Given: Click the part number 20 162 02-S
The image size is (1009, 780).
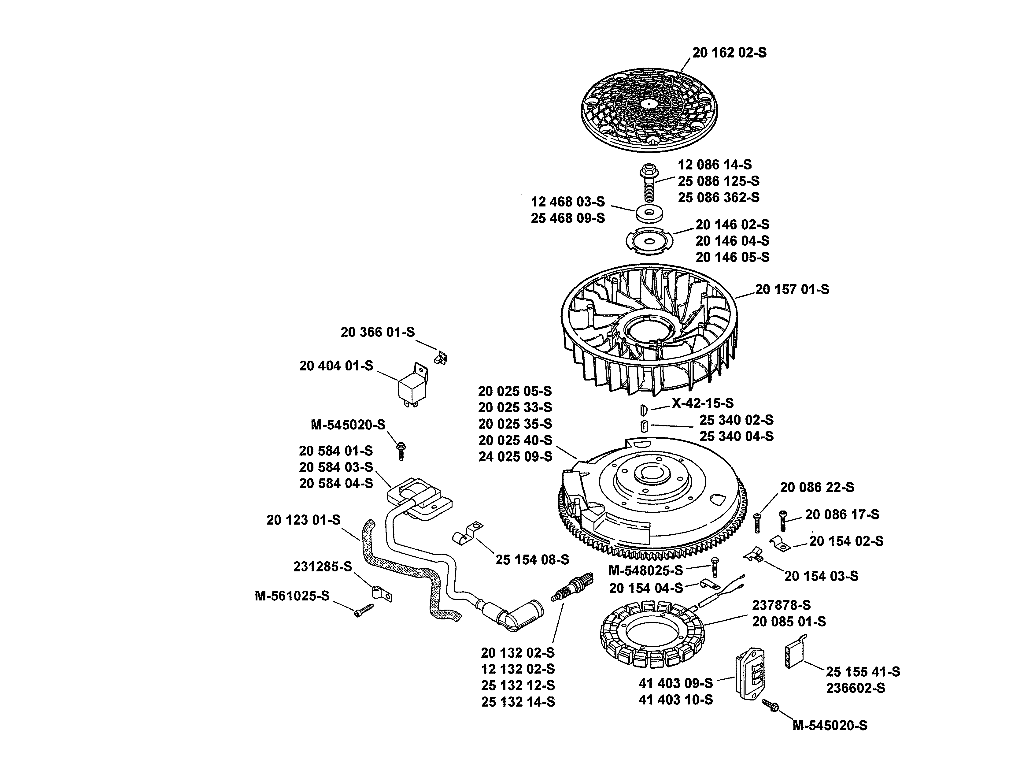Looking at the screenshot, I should pos(729,53).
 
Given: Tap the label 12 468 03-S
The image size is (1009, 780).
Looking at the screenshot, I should pos(568,202).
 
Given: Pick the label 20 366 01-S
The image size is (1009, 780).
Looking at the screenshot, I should pos(377,332).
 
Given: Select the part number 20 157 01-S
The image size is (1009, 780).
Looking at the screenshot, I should pos(792,290).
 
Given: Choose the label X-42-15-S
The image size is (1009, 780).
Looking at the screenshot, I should pos(702,403).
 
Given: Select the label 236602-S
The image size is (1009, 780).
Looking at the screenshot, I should pos(856,688).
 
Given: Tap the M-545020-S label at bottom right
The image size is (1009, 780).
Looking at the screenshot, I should pos(830,726).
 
